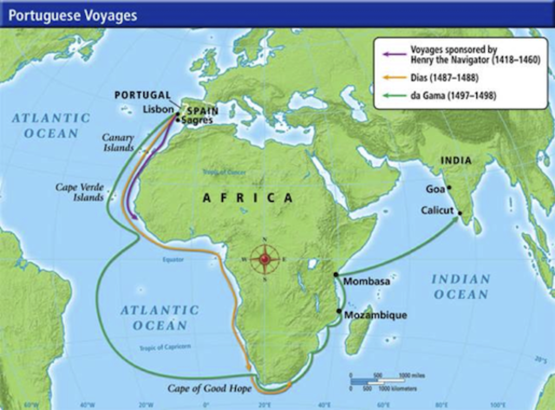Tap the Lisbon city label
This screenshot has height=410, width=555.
click(158, 110)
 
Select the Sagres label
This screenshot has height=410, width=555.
click(198, 120)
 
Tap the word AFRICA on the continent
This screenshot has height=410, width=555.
click(248, 198)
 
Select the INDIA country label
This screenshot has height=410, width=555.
click(455, 160)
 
